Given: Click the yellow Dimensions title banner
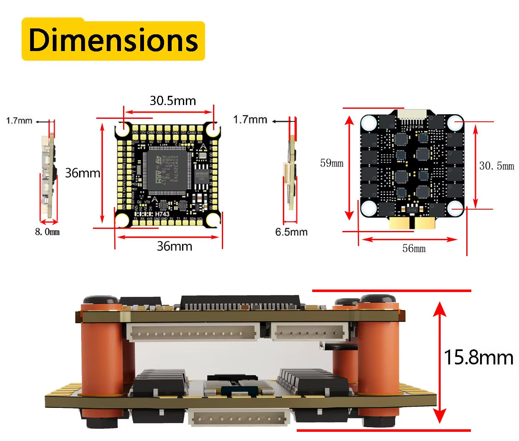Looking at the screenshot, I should pyautogui.click(x=113, y=40).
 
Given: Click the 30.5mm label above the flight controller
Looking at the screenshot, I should pyautogui.click(x=173, y=101).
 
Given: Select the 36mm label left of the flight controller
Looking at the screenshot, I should pyautogui.click(x=82, y=173).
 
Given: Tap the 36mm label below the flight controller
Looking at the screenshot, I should pyautogui.click(x=175, y=246).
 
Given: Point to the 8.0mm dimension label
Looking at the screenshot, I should pyautogui.click(x=47, y=232).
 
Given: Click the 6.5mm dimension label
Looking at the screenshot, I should pyautogui.click(x=291, y=232).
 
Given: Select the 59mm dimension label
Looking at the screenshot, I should pyautogui.click(x=331, y=163).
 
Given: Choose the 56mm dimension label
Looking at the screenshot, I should pyautogui.click(x=414, y=249).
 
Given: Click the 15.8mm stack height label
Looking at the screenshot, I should pyautogui.click(x=478, y=358).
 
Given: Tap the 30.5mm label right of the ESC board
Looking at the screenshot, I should pyautogui.click(x=496, y=166).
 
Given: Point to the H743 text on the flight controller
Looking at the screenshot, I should pyautogui.click(x=162, y=214).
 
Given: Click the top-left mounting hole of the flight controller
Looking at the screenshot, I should pyautogui.click(x=123, y=130).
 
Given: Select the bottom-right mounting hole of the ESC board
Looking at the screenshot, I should pyautogui.click(x=455, y=208).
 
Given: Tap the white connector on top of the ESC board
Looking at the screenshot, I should pyautogui.click(x=412, y=115).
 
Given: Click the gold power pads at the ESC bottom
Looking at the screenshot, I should pyautogui.click(x=412, y=223).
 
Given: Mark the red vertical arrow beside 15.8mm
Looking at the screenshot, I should pyautogui.click(x=439, y=362).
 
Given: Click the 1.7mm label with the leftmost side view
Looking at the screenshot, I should pyautogui.click(x=19, y=121).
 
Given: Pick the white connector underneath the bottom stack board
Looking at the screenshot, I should pyautogui.click(x=239, y=418).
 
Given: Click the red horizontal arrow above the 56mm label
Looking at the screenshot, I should pyautogui.click(x=409, y=239).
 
